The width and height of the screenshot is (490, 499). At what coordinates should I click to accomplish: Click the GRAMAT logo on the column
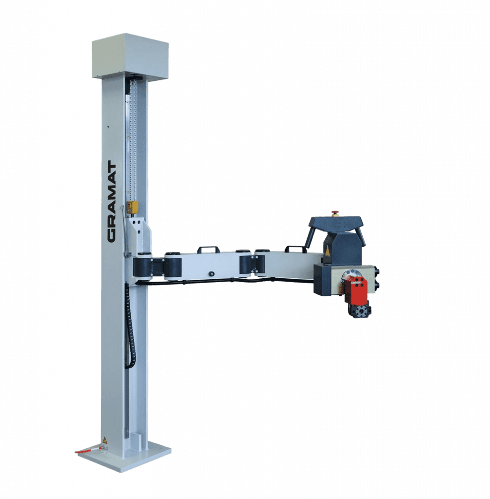click(x=112, y=201)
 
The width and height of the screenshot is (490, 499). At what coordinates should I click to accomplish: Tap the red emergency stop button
click(x=335, y=212)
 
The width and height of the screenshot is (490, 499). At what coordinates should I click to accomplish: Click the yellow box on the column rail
click(x=131, y=208)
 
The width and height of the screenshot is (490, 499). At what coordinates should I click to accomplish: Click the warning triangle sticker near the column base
click(x=104, y=440)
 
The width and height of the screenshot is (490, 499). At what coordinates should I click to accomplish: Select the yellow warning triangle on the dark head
click(x=327, y=252)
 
